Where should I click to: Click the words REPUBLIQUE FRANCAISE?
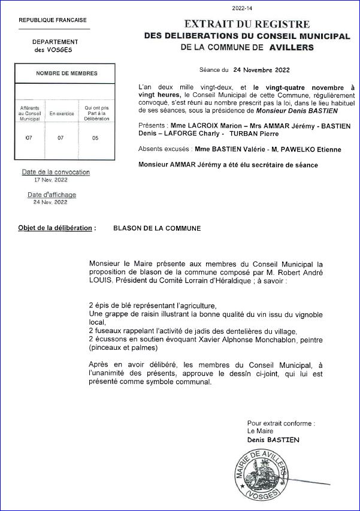pyautogui.click(x=53, y=20)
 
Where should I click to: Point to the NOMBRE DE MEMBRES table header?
pyautogui.click(x=66, y=73)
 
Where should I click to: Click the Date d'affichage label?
pyautogui.click(x=52, y=195)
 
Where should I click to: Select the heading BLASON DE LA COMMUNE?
pyautogui.click(x=157, y=228)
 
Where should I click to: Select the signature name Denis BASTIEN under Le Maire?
pyautogui.click(x=273, y=440)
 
